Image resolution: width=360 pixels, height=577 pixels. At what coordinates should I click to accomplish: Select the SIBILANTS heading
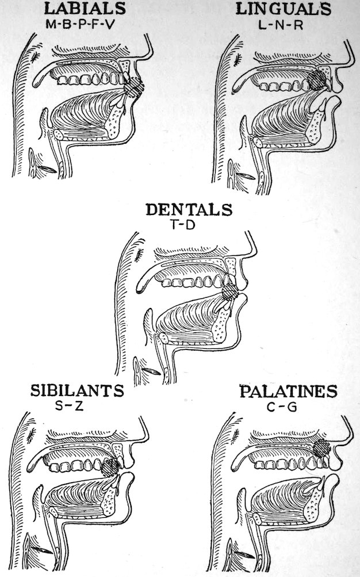76,392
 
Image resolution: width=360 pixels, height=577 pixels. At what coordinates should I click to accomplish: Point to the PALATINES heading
288,392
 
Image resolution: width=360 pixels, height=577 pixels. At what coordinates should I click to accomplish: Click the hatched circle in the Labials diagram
134,87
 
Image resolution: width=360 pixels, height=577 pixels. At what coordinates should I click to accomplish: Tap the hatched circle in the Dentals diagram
230,293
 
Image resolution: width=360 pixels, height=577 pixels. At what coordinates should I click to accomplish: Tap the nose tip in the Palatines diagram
350,441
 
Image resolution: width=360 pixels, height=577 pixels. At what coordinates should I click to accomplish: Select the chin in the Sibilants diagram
128,511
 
